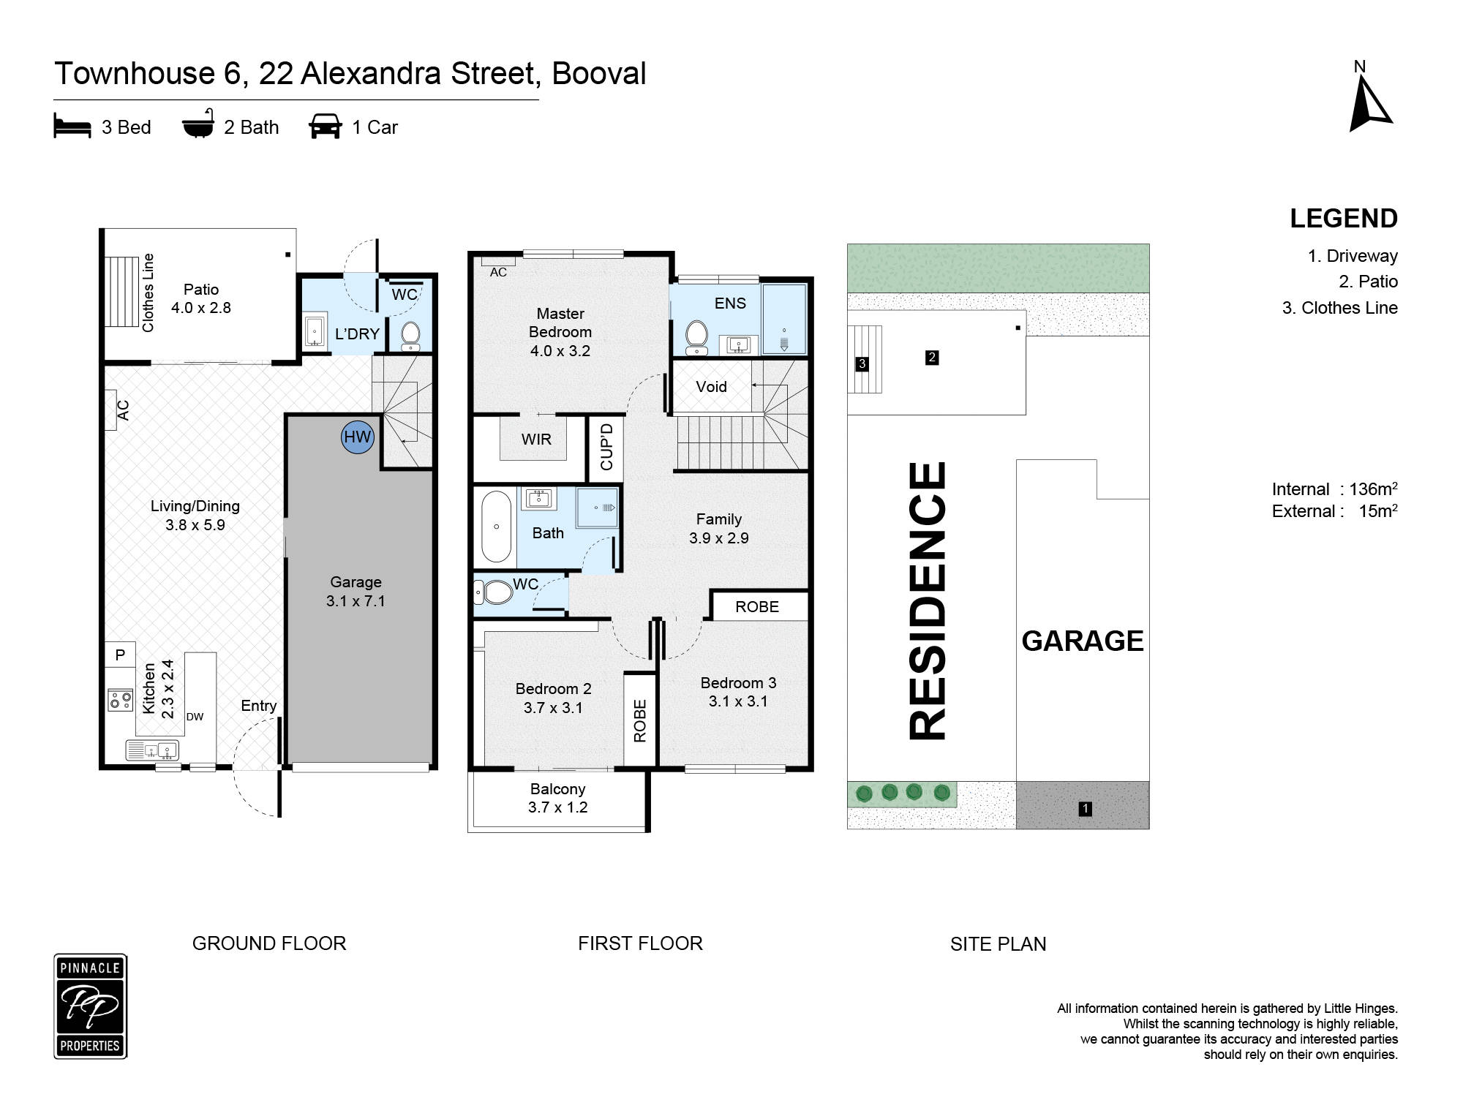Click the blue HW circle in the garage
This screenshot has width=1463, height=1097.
pyautogui.click(x=358, y=437)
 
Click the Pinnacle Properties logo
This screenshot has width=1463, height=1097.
pyautogui.click(x=91, y=1006)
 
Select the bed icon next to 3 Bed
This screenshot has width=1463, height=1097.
pyautogui.click(x=72, y=126)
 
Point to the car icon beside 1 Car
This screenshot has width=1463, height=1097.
pyautogui.click(x=326, y=126)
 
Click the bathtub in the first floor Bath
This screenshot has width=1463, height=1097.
pyautogui.click(x=497, y=527)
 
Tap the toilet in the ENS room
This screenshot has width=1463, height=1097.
pyautogui.click(x=697, y=336)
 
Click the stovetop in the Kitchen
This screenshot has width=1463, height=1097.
pyautogui.click(x=121, y=700)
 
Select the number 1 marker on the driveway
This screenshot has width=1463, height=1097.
pyautogui.click(x=1086, y=808)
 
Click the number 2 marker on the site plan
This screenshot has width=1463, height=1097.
pyautogui.click(x=932, y=358)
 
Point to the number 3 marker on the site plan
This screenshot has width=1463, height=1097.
pyautogui.click(x=862, y=363)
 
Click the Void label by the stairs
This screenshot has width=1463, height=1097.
pyautogui.click(x=711, y=387)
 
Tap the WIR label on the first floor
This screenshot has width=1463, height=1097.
pyautogui.click(x=536, y=440)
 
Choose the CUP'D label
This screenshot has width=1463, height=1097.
pyautogui.click(x=606, y=447)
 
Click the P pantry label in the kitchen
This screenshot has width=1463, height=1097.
pyautogui.click(x=121, y=655)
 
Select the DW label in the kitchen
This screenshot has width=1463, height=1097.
pyautogui.click(x=195, y=717)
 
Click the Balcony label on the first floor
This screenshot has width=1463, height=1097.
pyautogui.click(x=557, y=789)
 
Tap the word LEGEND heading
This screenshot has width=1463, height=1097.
pyautogui.click(x=1344, y=219)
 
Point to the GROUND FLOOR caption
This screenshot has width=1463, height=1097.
pyautogui.click(x=269, y=943)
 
